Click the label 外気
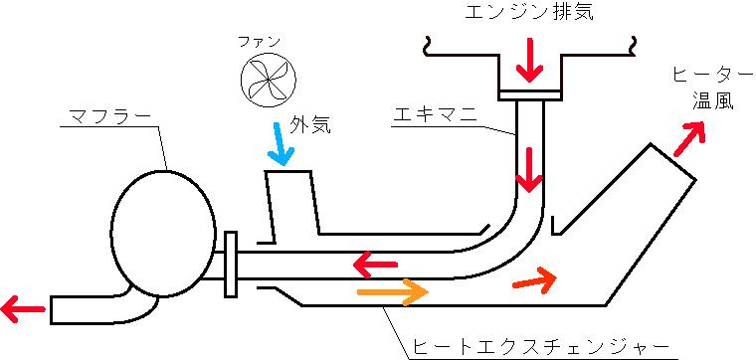tap(309, 126)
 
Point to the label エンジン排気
tap(530, 13)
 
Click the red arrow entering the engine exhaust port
tap(530, 62)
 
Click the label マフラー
tap(110, 117)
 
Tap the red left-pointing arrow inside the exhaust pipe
tap(373, 265)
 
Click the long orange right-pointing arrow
tap(392, 291)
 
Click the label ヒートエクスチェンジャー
tap(541, 347)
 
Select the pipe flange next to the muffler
tap(232, 264)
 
